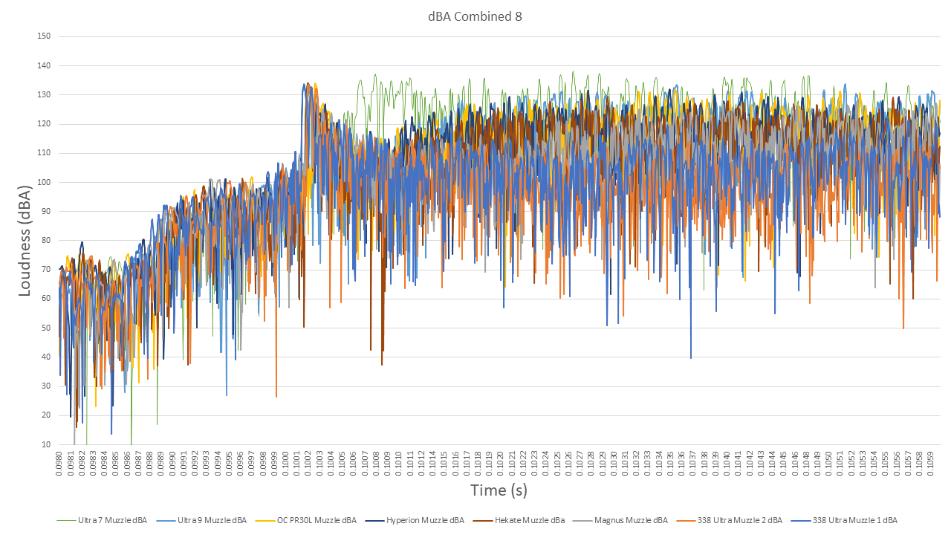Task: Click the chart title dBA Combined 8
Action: (475, 16)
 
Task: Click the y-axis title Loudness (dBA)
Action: (25, 240)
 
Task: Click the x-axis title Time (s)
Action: (499, 490)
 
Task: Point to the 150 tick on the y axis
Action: (44, 36)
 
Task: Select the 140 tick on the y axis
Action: (44, 65)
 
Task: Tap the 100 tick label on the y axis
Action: (44, 182)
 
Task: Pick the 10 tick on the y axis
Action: (46, 444)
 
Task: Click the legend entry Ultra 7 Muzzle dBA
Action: (112, 520)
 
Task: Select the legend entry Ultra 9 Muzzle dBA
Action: (212, 520)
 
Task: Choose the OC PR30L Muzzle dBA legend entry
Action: (315, 520)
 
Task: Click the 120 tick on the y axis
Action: (44, 124)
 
